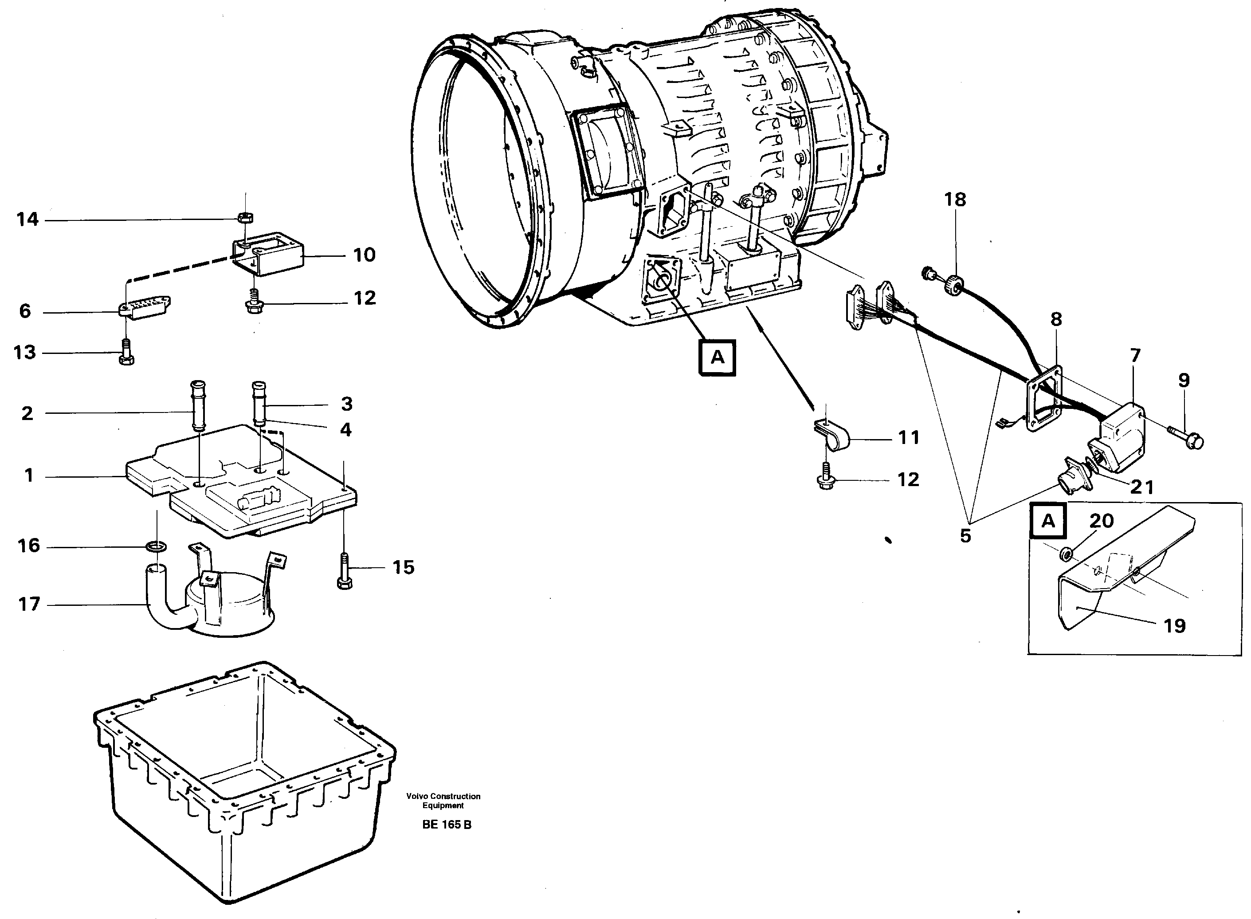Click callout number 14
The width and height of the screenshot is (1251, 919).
[x=27, y=220]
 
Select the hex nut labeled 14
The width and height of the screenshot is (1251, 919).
[x=245, y=216]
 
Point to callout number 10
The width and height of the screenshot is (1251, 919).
[x=365, y=255]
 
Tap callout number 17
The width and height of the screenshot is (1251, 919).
[x=29, y=604]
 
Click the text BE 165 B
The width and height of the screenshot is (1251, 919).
[x=446, y=825]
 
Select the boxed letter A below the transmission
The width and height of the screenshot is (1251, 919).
[x=717, y=357]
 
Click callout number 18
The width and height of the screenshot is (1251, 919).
[x=955, y=200]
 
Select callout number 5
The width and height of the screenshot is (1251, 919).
[x=965, y=536]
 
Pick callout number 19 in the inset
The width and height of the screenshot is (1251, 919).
[x=1174, y=626]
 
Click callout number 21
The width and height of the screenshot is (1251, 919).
[x=1142, y=487]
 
